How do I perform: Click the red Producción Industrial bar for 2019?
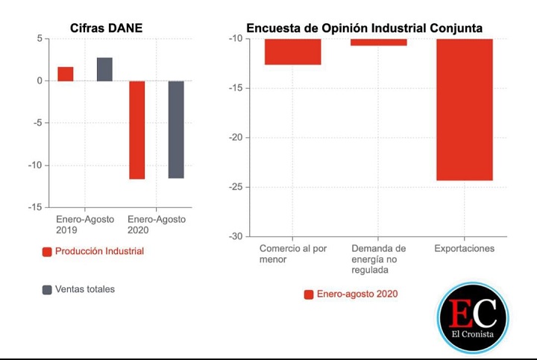click(x=66, y=74)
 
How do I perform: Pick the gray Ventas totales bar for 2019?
click(x=104, y=69)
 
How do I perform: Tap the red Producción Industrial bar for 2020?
click(x=136, y=130)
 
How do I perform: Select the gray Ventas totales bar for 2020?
click(x=176, y=130)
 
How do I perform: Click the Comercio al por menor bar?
click(x=292, y=51)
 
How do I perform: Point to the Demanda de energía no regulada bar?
click(x=378, y=42)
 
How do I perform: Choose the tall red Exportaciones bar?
click(x=464, y=110)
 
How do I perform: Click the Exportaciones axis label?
click(x=464, y=248)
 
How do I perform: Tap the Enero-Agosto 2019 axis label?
click(x=84, y=225)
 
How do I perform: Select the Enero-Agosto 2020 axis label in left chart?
click(x=157, y=225)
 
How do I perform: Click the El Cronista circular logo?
click(x=472, y=318)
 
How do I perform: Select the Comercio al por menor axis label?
click(x=292, y=253)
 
